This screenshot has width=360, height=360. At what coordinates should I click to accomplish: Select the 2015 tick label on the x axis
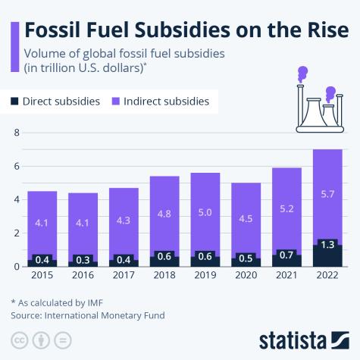(x=42, y=277)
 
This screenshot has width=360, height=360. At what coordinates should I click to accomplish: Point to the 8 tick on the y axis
(x=14, y=133)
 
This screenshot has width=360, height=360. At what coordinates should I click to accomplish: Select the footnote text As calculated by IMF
(x=57, y=302)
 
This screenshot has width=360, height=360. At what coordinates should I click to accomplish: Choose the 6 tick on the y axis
(x=14, y=167)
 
